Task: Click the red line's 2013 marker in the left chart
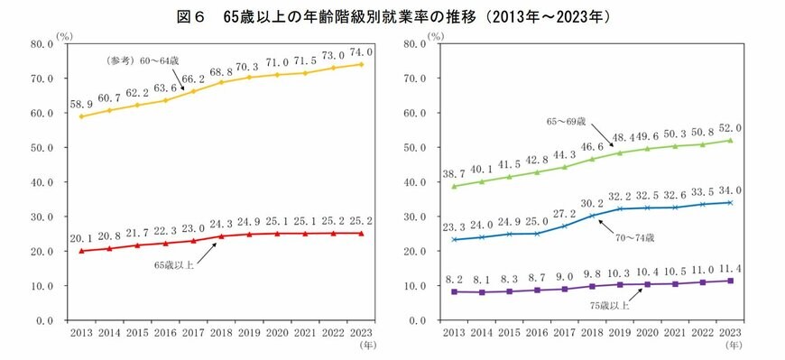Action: [x=82, y=251]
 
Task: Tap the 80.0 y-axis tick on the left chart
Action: [x=40, y=43]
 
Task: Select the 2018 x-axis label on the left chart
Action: [x=222, y=332]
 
